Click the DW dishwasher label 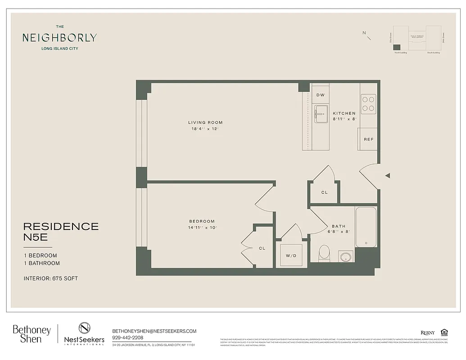321,95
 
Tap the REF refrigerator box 368,139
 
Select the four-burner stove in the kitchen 368,103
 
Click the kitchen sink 321,114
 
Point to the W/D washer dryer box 291,256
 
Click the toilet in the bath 324,253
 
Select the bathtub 366,227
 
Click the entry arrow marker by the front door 387,175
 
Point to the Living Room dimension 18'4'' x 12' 205,129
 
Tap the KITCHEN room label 344,113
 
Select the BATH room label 339,226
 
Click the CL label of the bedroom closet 262,248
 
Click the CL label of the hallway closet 324,192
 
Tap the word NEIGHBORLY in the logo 59,38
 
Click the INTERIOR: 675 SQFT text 50,279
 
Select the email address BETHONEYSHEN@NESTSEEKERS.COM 154,331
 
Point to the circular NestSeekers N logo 85,328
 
